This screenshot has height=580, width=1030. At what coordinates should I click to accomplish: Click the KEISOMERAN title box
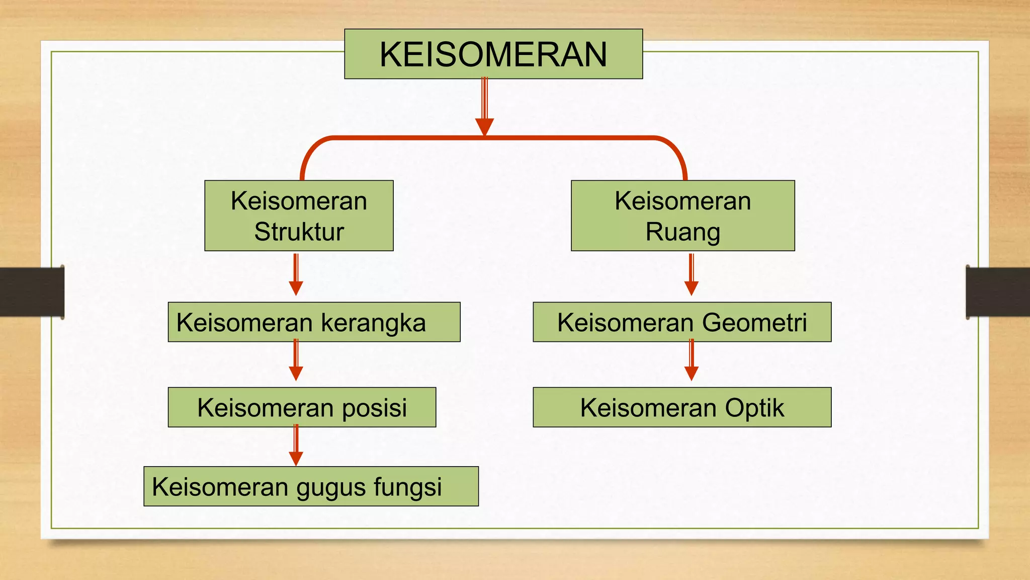493,54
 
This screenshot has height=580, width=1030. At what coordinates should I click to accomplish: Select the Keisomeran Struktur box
299,215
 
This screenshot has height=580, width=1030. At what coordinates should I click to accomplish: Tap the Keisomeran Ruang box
682,215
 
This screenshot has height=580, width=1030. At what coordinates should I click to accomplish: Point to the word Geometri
754,322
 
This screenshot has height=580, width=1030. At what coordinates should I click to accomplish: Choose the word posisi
374,408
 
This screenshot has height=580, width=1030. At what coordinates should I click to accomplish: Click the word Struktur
299,232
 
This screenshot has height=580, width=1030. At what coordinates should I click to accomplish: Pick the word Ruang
682,232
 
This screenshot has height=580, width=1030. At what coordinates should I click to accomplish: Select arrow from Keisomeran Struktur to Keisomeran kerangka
296,275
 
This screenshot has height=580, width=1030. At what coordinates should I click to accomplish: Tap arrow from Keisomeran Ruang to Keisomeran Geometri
692,275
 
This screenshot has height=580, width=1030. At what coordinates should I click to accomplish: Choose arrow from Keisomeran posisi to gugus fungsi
296,446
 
